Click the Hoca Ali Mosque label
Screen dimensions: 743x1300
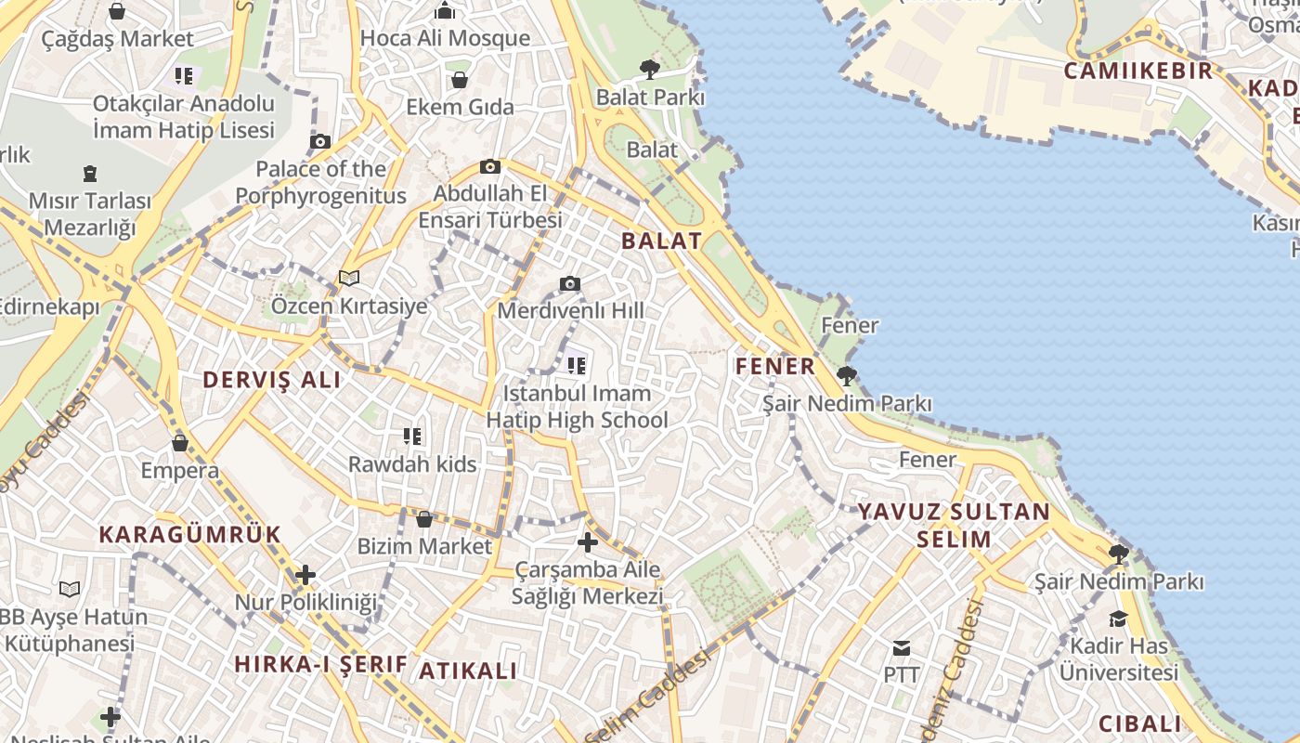(445, 38)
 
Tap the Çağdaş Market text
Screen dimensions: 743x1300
(118, 39)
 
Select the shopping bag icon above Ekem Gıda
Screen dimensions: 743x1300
(459, 80)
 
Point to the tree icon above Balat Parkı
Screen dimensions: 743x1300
(650, 69)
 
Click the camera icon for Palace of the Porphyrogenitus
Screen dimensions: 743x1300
(320, 141)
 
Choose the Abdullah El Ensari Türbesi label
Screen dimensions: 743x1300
(490, 207)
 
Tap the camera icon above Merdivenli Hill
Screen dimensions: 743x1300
(570, 283)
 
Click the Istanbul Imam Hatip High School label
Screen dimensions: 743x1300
(577, 407)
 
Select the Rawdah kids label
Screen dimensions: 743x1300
(412, 463)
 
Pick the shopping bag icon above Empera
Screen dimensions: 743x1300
(180, 443)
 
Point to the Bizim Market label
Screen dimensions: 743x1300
(424, 546)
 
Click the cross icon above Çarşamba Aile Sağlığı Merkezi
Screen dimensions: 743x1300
(588, 542)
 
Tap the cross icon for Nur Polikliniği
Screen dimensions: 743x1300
(305, 575)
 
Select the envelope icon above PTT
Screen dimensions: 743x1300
(901, 647)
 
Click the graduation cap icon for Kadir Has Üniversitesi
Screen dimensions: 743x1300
(1118, 619)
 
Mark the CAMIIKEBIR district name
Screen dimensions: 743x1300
(1137, 71)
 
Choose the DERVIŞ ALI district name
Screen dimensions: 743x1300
(271, 379)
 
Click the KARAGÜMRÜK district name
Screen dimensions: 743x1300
(189, 534)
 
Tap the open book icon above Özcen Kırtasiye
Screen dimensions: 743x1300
(349, 278)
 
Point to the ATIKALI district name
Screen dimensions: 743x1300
(468, 671)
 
